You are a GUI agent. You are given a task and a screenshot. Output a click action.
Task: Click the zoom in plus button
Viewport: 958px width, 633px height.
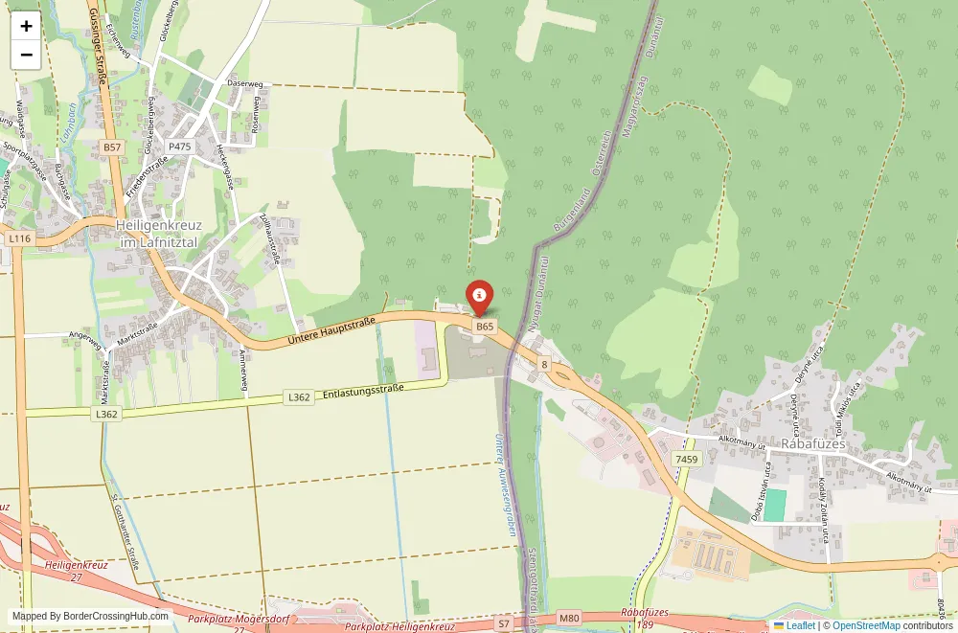coord(26,26)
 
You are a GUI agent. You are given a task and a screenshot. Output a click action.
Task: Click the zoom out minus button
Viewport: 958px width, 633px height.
coord(26,55)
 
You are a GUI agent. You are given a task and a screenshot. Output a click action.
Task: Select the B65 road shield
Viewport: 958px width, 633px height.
coord(485,327)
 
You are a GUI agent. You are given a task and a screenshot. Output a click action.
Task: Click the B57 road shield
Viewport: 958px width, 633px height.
coord(112,147)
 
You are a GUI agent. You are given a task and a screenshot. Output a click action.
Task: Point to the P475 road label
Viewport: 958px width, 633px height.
coord(180,147)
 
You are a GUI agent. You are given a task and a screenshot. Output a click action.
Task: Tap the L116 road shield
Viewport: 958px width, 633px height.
coord(18,237)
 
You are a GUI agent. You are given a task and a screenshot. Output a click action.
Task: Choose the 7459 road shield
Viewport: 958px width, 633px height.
coord(687,460)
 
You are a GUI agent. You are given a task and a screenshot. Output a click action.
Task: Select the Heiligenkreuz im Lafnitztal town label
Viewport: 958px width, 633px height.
coord(157,234)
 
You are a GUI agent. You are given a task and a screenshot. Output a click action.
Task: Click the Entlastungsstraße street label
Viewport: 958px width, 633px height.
coord(364,391)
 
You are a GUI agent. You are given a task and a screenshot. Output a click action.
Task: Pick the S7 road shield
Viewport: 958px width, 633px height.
coord(503,623)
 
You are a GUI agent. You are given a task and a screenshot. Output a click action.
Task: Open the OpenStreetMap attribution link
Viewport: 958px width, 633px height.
coord(866,625)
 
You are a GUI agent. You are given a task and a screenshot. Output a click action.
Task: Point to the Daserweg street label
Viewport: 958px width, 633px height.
coord(244,83)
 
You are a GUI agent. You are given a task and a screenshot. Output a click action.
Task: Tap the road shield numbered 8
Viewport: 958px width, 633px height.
coord(544,364)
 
